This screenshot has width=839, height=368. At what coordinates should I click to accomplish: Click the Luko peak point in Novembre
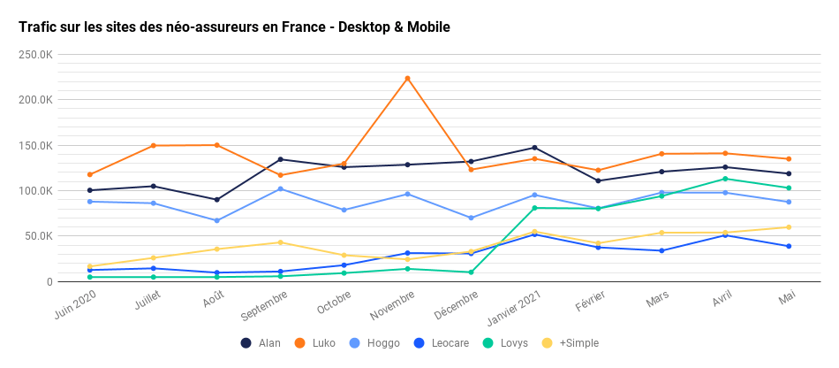[x=407, y=78]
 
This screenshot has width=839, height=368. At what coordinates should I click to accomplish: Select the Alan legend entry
[x=261, y=343]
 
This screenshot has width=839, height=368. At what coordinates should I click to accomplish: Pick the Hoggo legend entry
[x=374, y=343]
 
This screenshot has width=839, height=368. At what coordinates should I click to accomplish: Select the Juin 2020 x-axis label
[x=74, y=306]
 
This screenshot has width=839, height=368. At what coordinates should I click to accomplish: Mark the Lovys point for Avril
[x=725, y=179]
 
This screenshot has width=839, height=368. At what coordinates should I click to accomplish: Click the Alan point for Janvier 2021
[x=534, y=148]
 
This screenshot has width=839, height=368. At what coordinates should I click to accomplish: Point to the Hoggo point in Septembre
[x=280, y=188]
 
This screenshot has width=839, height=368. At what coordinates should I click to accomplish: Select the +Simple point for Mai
[x=789, y=227]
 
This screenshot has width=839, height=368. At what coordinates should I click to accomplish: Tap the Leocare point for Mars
[x=661, y=250]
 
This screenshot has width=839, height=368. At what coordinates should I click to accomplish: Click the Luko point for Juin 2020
[x=89, y=174]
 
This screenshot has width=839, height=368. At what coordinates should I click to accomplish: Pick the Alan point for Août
[x=216, y=199]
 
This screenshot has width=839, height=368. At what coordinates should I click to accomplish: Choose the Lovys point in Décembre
[x=471, y=272]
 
